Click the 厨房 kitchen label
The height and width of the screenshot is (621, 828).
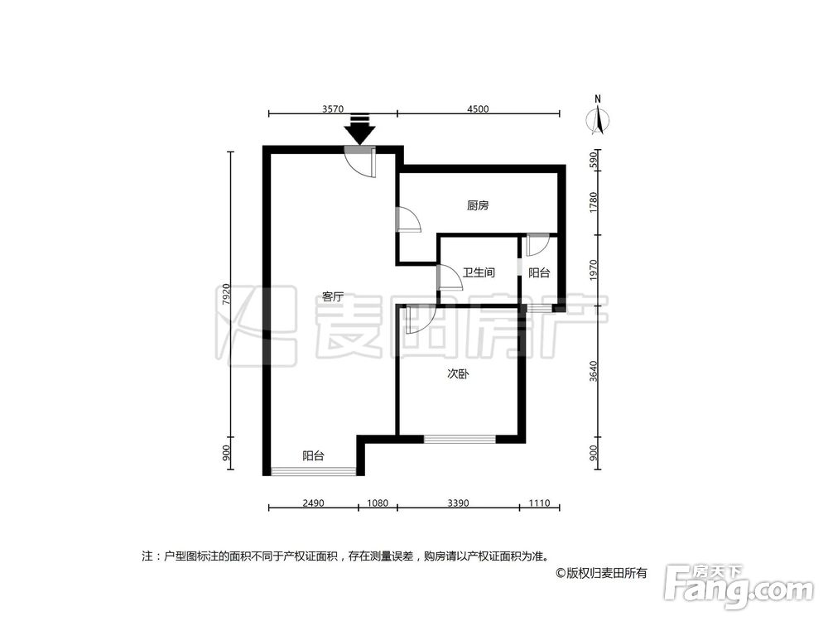pos(477,206)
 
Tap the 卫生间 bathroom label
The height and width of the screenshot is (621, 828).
pos(478,272)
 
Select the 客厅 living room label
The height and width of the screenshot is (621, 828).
pos(334,296)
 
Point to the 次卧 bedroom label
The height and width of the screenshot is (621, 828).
pos(458,374)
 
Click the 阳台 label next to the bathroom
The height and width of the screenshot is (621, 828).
pos(539,272)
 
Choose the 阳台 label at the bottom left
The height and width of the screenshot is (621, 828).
pos(313,455)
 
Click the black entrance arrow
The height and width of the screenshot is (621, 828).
pos(359,130)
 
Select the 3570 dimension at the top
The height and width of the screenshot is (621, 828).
pos(332,108)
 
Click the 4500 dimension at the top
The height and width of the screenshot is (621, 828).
pos(478,108)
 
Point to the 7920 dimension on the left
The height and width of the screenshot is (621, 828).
pos(224,296)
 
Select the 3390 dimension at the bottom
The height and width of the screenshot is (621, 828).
pos(458,502)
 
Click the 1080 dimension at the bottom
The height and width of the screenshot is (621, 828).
pos(377,502)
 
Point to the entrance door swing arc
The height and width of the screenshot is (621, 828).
pos(362,163)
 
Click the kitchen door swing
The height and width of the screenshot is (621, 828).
pos(409,219)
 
